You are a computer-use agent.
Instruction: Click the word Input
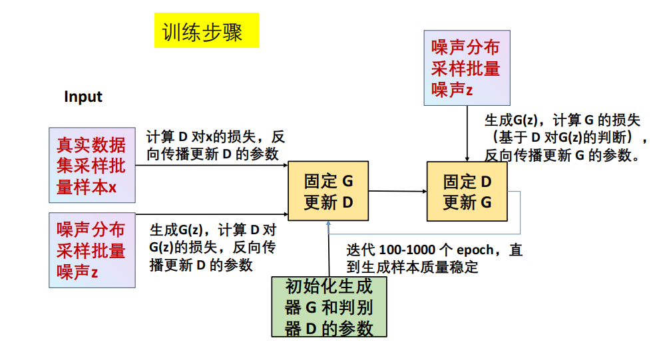click(83, 96)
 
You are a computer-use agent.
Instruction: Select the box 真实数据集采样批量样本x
click(92, 166)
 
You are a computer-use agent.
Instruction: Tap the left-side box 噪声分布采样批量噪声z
click(92, 250)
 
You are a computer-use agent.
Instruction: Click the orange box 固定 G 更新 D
click(328, 192)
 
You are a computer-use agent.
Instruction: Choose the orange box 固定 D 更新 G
click(467, 192)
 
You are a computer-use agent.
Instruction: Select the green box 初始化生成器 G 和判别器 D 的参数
click(329, 307)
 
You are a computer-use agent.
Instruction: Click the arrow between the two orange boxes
click(397, 192)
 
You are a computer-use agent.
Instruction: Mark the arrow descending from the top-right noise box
click(467, 133)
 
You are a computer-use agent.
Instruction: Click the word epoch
click(475, 250)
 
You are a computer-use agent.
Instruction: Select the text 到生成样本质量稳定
click(412, 268)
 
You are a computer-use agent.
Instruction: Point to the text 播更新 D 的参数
click(201, 265)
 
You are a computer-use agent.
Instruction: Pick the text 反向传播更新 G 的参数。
click(562, 156)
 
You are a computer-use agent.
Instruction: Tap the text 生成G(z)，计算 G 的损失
click(562, 120)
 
